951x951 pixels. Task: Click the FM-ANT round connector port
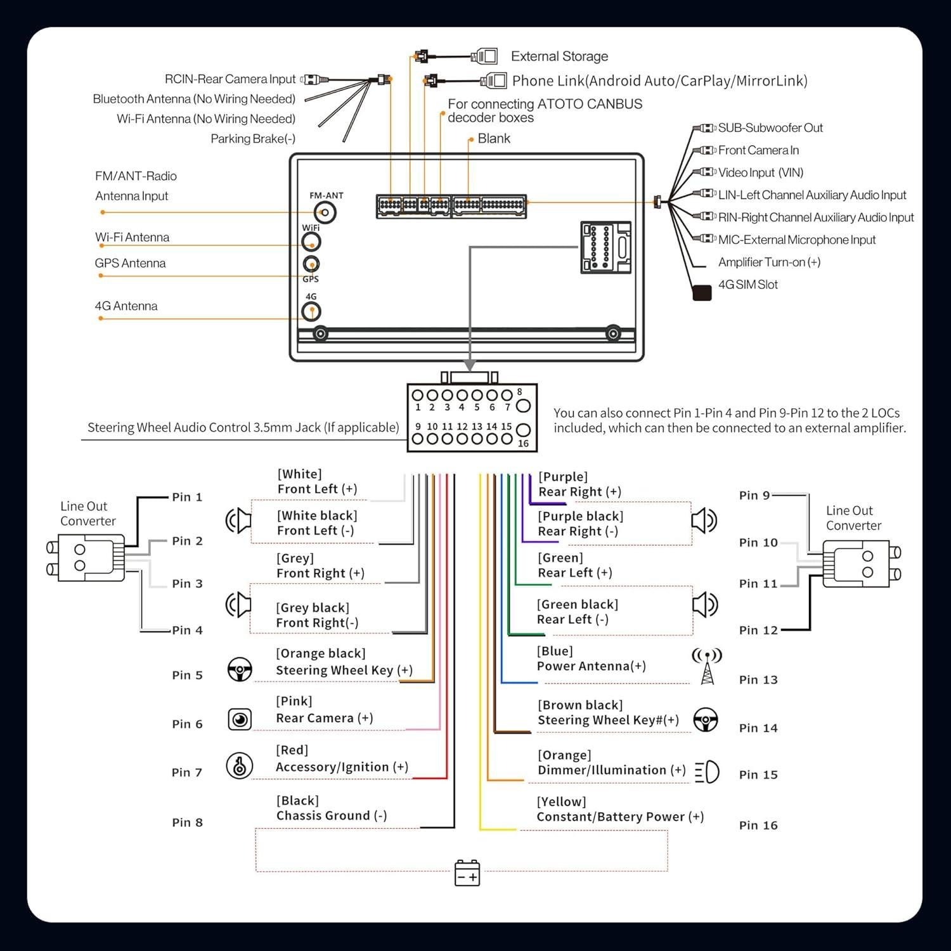tap(325, 212)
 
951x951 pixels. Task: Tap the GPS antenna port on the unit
tap(311, 264)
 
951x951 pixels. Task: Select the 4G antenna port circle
tap(311, 311)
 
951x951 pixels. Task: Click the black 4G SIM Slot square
tap(702, 293)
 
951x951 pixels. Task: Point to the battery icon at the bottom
tap(467, 873)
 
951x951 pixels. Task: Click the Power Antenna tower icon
tap(707, 666)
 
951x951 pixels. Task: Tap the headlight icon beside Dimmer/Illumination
tap(708, 772)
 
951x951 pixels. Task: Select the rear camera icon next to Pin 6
tap(240, 719)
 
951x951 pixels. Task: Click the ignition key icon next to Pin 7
tap(240, 765)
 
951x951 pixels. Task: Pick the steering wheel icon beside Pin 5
tap(240, 670)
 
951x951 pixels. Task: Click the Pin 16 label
tap(758, 825)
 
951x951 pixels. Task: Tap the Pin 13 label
tap(758, 680)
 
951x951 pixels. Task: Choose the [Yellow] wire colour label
tap(562, 802)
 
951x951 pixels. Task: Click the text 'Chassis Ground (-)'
tap(332, 816)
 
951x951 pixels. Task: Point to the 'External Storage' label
tap(559, 56)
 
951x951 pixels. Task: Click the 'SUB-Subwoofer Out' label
tap(770, 128)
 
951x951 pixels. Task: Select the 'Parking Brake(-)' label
tap(253, 139)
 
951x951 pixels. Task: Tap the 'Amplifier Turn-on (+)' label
tap(769, 262)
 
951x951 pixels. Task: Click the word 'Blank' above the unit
tap(494, 139)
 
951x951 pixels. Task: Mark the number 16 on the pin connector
tap(523, 444)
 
